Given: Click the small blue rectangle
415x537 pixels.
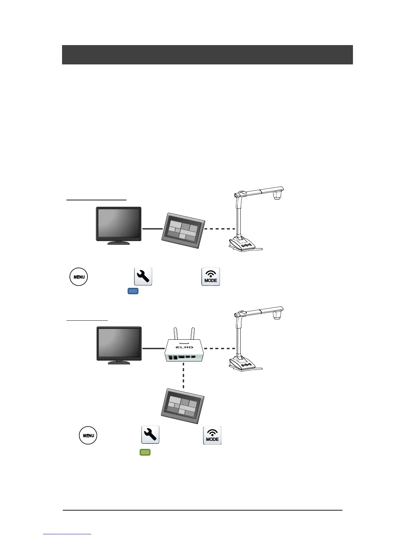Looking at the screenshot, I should pyautogui.click(x=133, y=291).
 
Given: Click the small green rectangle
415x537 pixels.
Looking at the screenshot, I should pyautogui.click(x=145, y=452).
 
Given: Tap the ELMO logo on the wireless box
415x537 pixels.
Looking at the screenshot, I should pyautogui.click(x=184, y=347).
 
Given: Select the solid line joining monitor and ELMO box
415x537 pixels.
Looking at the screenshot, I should pyautogui.click(x=153, y=348).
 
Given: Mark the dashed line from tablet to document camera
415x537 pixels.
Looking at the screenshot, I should pyautogui.click(x=220, y=229).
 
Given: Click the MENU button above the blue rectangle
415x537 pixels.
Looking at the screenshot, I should pyautogui.click(x=79, y=277).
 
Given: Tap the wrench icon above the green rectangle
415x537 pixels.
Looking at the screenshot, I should pyautogui.click(x=150, y=435).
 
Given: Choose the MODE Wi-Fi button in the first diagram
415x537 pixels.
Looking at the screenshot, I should pyautogui.click(x=211, y=277).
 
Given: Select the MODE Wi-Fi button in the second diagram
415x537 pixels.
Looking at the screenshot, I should pyautogui.click(x=212, y=435).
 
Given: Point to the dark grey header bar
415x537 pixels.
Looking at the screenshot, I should pyautogui.click(x=207, y=55).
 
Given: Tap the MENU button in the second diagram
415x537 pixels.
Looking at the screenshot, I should pyautogui.click(x=88, y=435).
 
